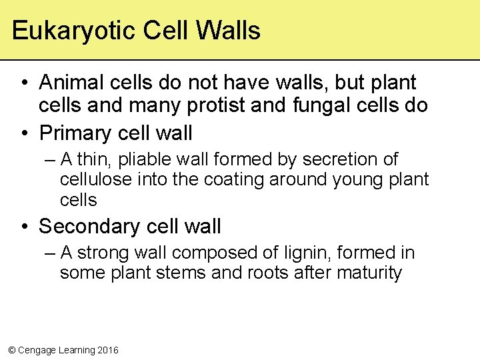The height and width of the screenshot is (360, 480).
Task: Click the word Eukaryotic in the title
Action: click(x=69, y=31)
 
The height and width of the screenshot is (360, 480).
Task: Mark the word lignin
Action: click(x=298, y=253)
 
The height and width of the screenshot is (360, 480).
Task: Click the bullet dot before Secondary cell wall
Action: click(x=25, y=227)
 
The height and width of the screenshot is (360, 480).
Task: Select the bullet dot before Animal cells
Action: click(x=25, y=83)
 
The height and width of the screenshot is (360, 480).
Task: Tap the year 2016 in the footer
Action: click(x=107, y=350)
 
